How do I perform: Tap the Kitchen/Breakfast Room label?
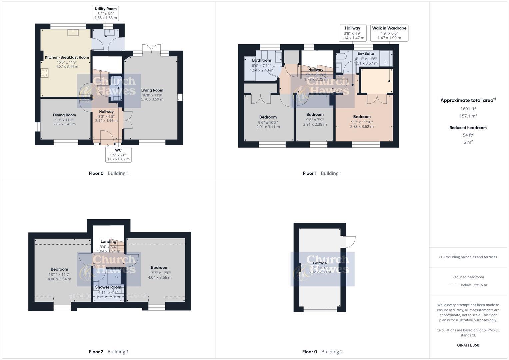[67, 57]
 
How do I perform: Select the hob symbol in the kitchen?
[44, 73]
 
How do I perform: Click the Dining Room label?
[64, 115]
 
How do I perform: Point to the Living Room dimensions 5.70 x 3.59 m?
[152, 99]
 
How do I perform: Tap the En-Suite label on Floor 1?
[366, 53]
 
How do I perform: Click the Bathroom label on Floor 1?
[261, 60]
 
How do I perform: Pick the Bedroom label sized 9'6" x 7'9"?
[315, 114]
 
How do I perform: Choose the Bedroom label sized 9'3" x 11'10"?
[362, 117]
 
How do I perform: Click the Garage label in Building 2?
[319, 263]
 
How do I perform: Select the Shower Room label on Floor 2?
[108, 287]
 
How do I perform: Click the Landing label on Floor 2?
[108, 241]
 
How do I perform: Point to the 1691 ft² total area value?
[468, 109]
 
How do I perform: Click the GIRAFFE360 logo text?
[468, 345]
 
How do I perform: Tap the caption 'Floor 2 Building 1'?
[109, 352]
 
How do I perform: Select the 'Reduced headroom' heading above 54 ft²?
[468, 128]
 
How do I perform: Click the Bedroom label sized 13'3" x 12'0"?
[159, 267]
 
